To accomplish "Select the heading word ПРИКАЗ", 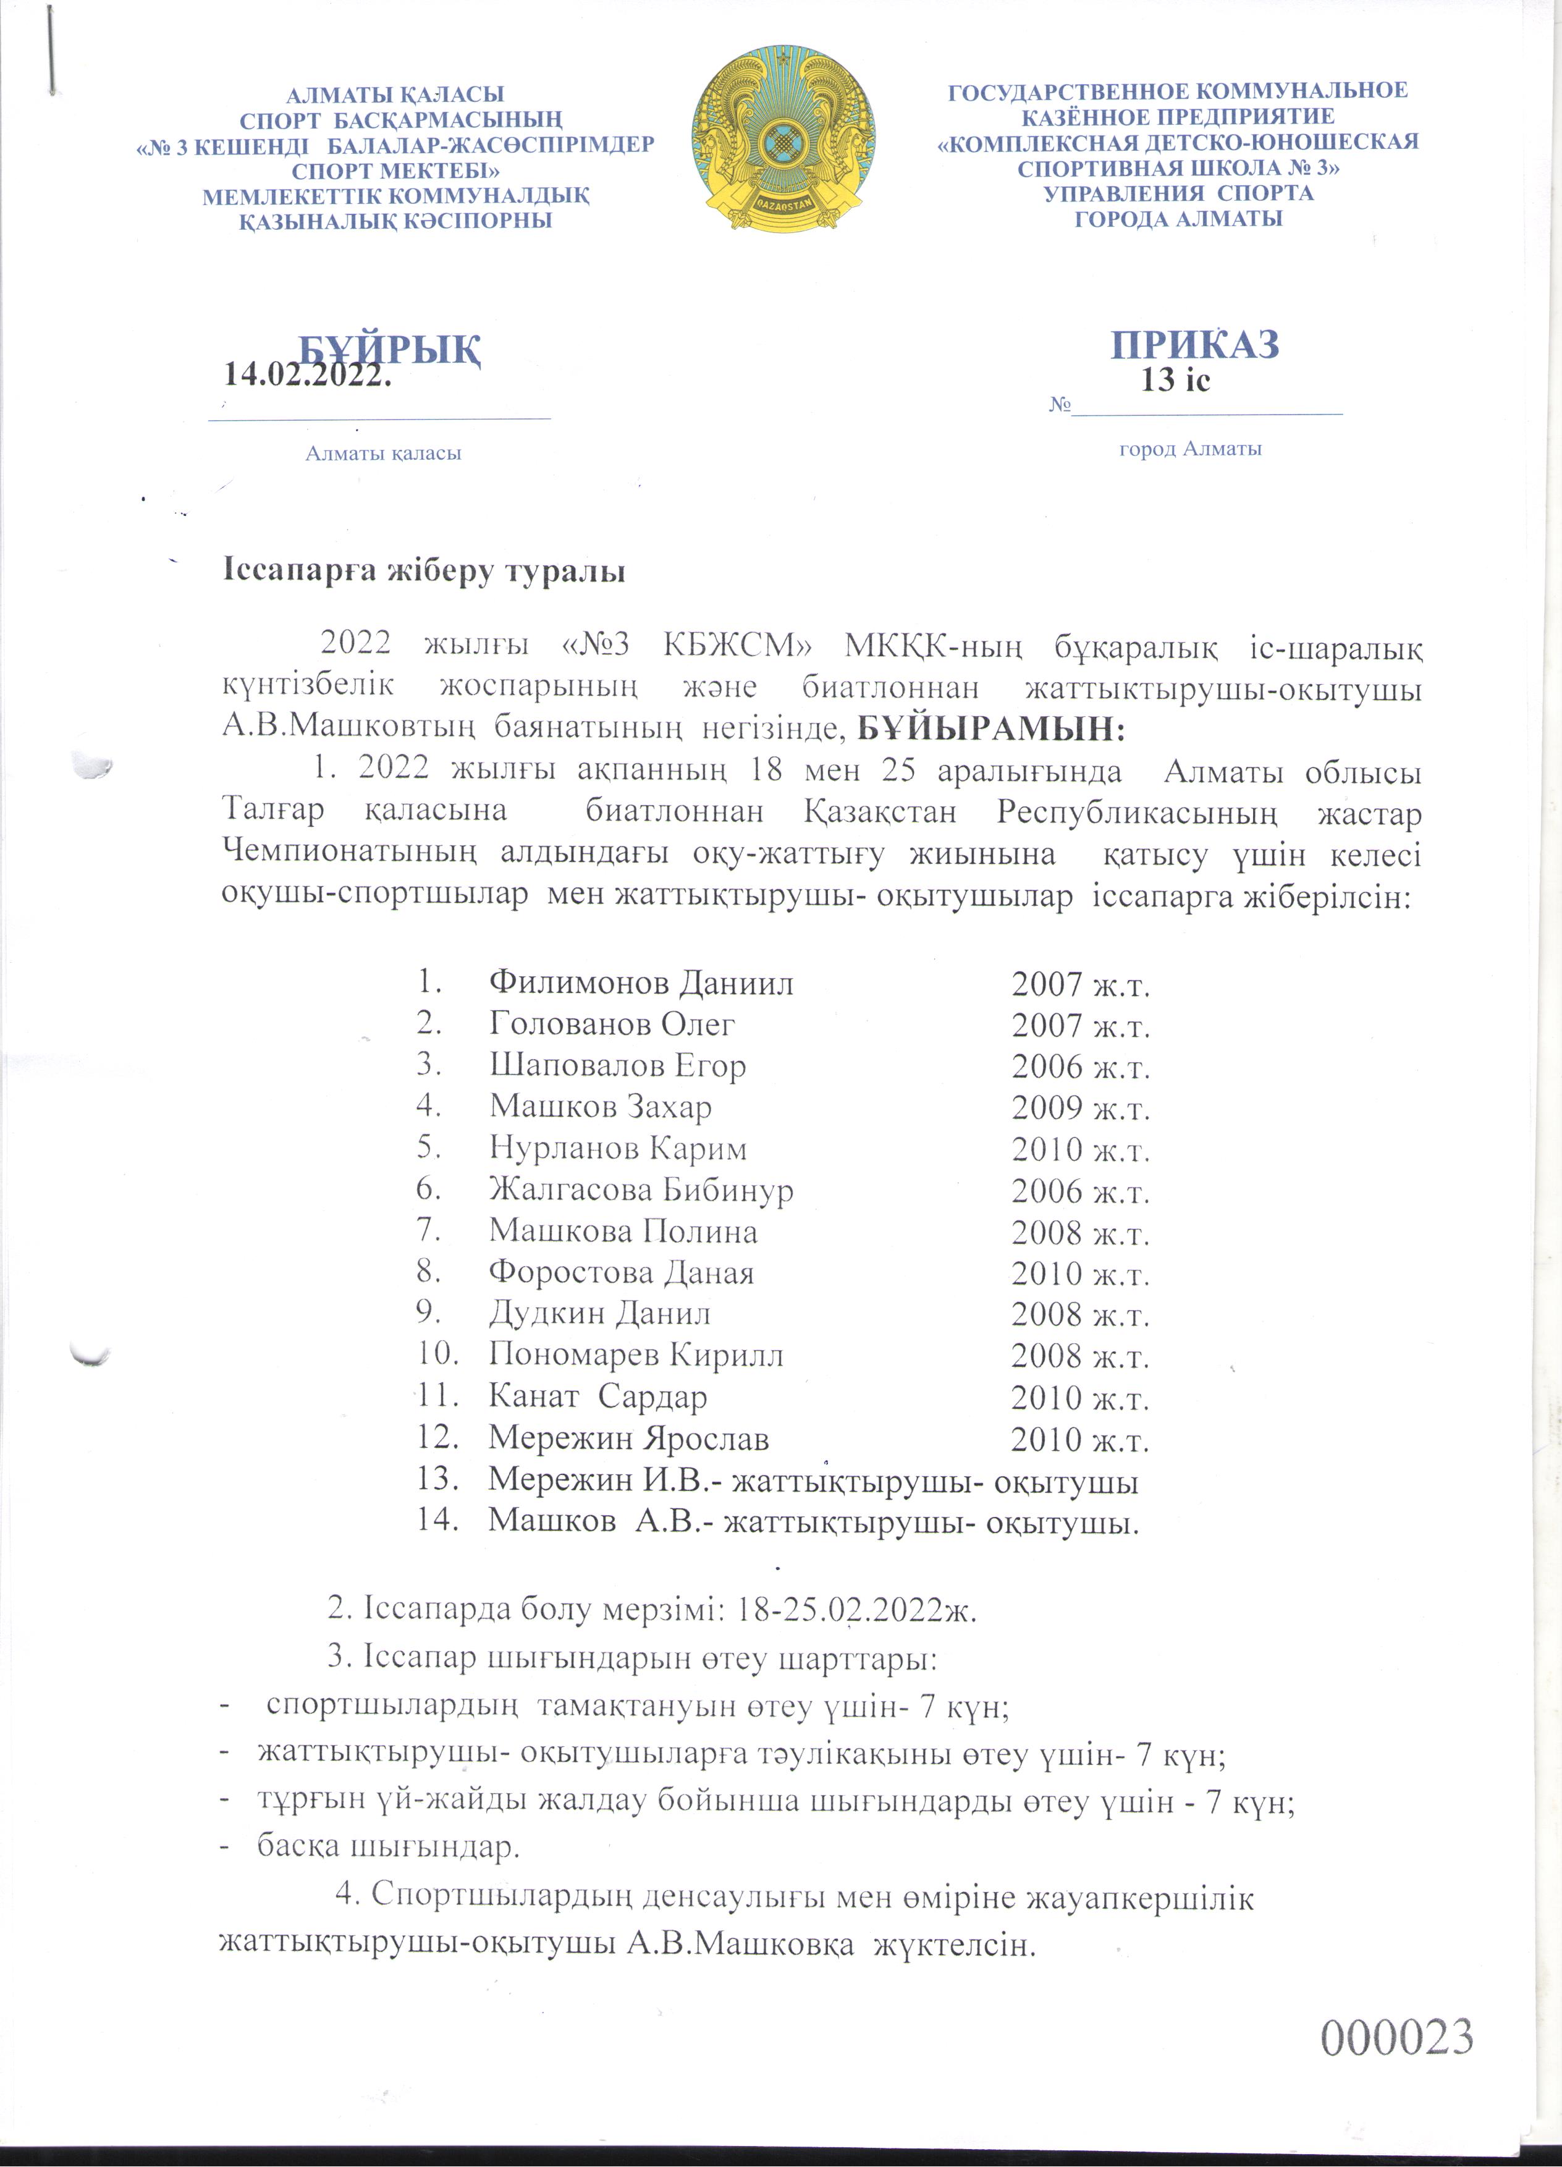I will click(x=1194, y=343).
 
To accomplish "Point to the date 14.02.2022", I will click(x=308, y=374).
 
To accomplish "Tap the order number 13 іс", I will click(x=1175, y=380).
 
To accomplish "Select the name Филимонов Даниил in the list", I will click(x=641, y=982).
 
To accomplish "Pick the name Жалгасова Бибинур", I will click(x=641, y=1189).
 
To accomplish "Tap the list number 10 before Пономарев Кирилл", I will click(x=439, y=1355).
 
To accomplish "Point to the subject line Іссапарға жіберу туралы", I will click(x=424, y=572).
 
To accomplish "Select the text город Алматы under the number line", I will click(x=1191, y=448).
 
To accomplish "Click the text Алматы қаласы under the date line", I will click(x=383, y=453).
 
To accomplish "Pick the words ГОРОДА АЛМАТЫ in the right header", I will click(x=1178, y=218).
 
